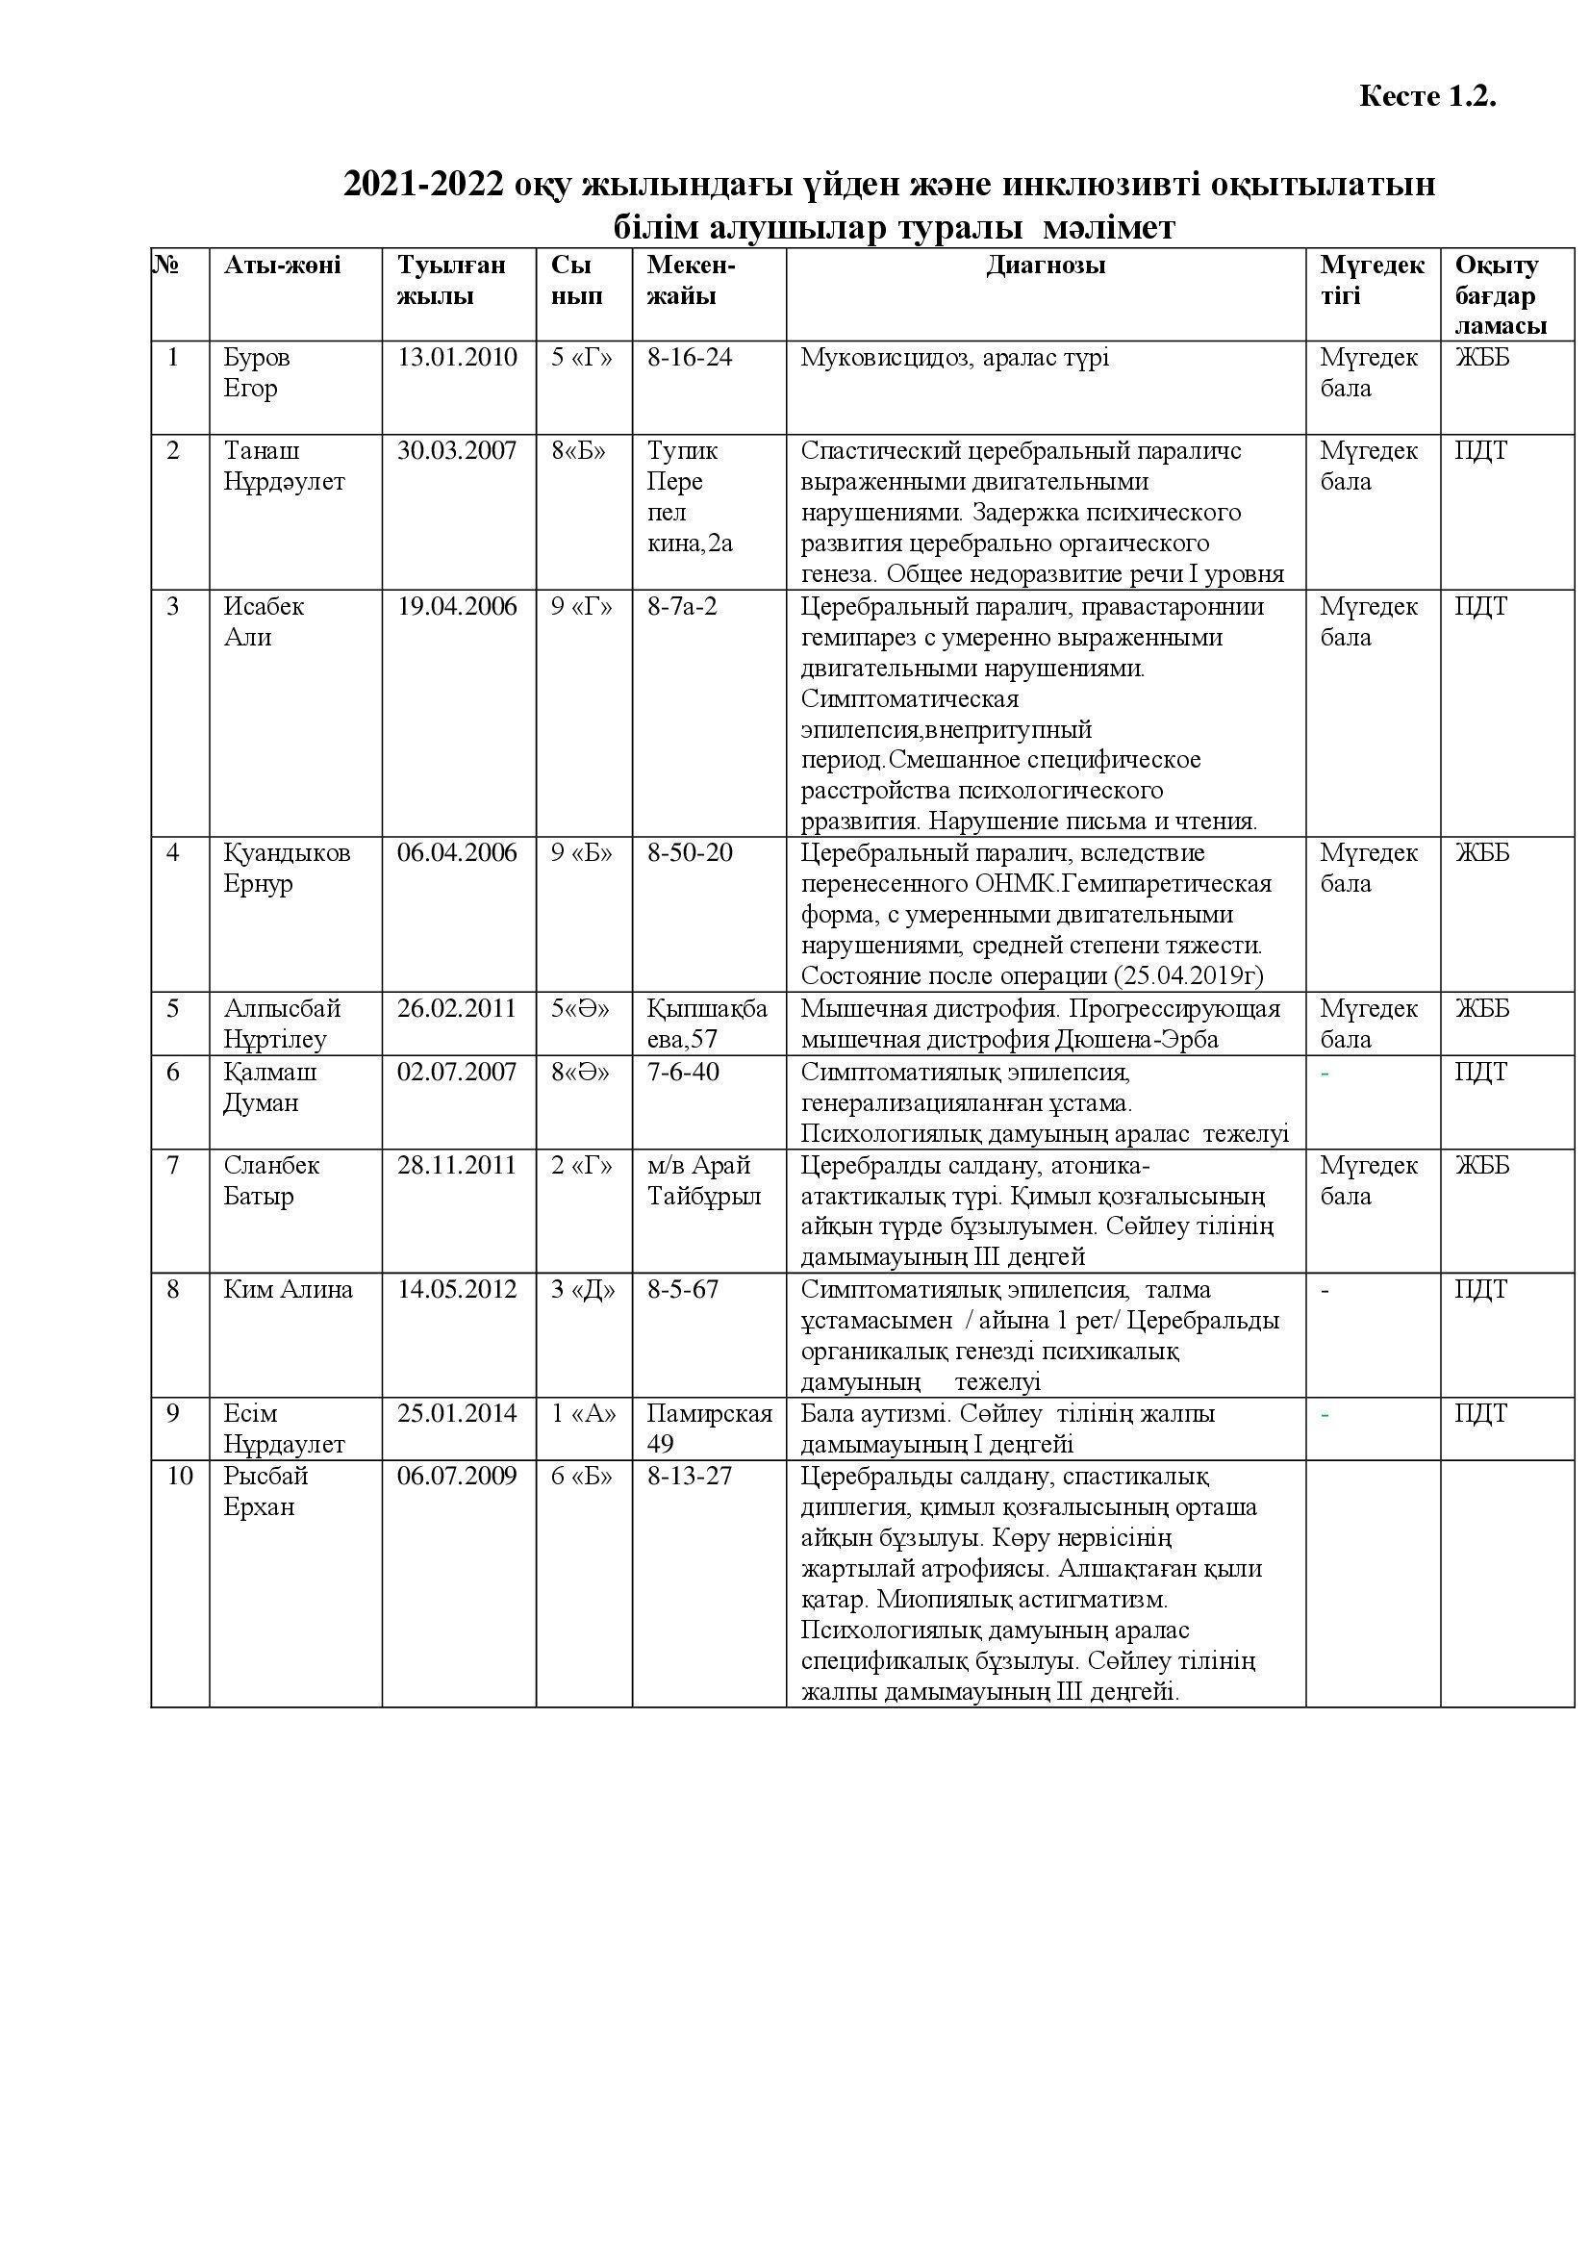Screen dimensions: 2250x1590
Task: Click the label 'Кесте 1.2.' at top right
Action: pos(1427,96)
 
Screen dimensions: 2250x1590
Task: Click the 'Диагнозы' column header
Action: pos(1046,265)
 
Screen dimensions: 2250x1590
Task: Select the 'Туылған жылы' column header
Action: pos(451,280)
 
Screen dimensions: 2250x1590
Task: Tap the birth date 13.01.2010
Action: pos(457,357)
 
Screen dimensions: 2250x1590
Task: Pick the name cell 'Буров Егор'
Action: pos(257,372)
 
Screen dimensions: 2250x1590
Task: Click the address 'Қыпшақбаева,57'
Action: pos(707,1024)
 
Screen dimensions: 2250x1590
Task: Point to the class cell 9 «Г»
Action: pos(582,607)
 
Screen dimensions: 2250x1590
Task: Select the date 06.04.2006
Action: pos(457,852)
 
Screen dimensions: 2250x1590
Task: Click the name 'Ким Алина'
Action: pos(288,1290)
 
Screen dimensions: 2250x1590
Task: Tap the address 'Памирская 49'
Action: pos(709,1428)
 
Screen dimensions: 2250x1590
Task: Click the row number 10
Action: pos(179,1476)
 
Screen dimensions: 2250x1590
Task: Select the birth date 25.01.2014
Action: pos(457,1413)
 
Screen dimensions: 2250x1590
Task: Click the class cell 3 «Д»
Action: pos(582,1290)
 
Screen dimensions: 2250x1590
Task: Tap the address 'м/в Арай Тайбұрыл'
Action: pos(703,1181)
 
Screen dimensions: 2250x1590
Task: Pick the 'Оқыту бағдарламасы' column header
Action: pos(1500,295)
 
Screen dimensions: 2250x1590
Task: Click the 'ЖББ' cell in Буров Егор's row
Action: pos(1481,358)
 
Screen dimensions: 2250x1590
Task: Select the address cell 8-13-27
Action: pos(690,1476)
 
